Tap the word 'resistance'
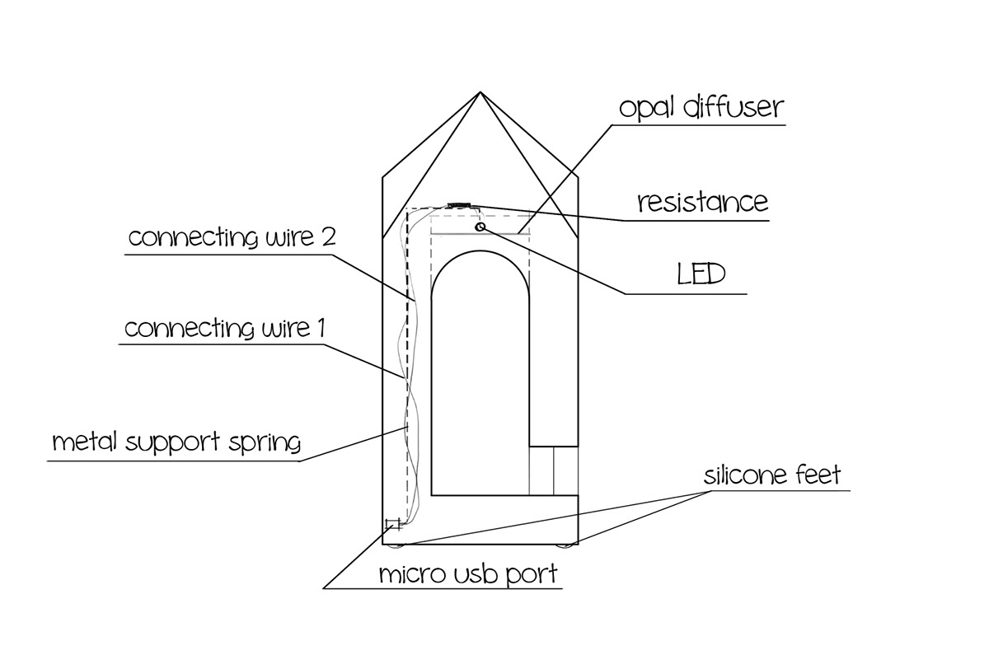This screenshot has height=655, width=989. click(702, 202)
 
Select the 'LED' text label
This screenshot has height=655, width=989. click(701, 274)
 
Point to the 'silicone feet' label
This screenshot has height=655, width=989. click(772, 475)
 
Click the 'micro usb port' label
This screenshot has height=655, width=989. click(468, 574)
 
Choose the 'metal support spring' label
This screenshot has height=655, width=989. click(176, 442)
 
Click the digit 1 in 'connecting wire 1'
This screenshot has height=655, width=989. click(320, 329)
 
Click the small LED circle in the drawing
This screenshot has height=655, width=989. click(480, 226)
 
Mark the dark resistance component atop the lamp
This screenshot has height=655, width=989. click(459, 204)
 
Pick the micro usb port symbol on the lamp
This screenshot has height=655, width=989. click(393, 524)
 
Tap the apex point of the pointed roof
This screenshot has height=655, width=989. click(480, 92)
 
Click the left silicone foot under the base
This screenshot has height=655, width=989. click(396, 545)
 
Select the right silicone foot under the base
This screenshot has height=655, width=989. click(565, 545)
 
